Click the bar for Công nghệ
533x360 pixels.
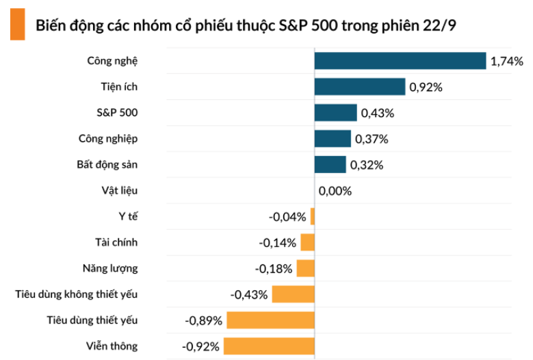(x=400, y=61)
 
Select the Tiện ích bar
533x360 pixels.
(x=360, y=87)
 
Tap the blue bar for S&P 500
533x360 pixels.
(x=336, y=113)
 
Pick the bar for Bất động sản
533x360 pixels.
(x=330, y=165)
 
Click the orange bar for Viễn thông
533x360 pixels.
(x=269, y=346)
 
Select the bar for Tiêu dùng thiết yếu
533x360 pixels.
(x=270, y=320)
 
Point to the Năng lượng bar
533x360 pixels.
(x=306, y=268)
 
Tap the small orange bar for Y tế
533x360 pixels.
(x=313, y=217)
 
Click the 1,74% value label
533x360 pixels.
(x=507, y=62)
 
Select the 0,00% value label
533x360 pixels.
(x=335, y=191)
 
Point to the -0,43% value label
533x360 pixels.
(x=249, y=294)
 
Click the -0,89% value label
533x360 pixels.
(x=203, y=320)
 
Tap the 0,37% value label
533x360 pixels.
(x=372, y=139)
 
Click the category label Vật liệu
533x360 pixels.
(x=121, y=191)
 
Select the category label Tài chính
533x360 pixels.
(x=116, y=242)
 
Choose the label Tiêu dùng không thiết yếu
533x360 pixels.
(x=77, y=294)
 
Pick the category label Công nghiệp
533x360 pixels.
(x=108, y=139)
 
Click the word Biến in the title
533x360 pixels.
(x=50, y=25)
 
